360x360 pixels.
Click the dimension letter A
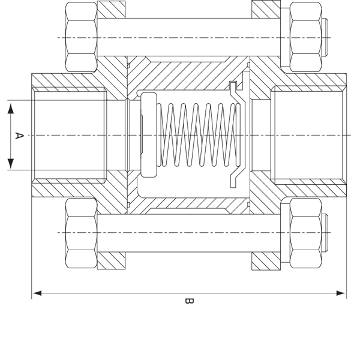click(x=19, y=136)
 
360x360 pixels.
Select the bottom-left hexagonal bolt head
click(x=81, y=233)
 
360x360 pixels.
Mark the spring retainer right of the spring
click(x=235, y=135)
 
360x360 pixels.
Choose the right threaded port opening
click(x=309, y=135)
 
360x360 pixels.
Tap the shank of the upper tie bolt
click(x=189, y=37)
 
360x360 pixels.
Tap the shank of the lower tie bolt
click(x=189, y=233)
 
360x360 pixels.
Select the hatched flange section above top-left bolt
click(x=112, y=9)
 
